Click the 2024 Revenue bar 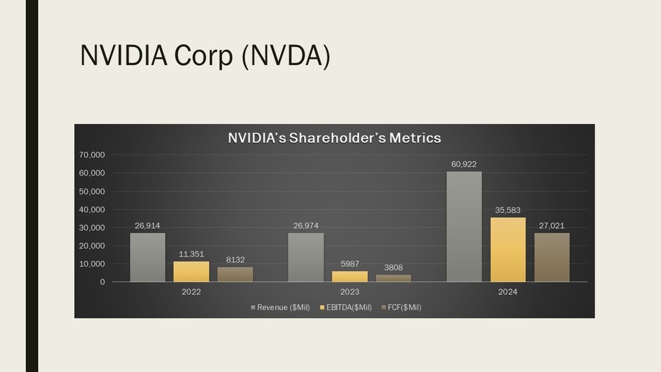pyautogui.click(x=464, y=226)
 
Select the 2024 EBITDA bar pyautogui.click(x=508, y=249)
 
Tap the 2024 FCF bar pyautogui.click(x=552, y=257)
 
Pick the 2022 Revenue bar pyautogui.click(x=147, y=257)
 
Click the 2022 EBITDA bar pyautogui.click(x=191, y=271)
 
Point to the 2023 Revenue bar pyautogui.click(x=305, y=257)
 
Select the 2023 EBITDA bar pyautogui.click(x=349, y=276)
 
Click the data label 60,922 pyautogui.click(x=464, y=164)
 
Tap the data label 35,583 pyautogui.click(x=508, y=210)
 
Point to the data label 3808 pyautogui.click(x=393, y=267)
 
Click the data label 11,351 pyautogui.click(x=191, y=254)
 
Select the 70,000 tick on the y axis pyautogui.click(x=92, y=155)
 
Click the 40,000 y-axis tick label pyautogui.click(x=92, y=210)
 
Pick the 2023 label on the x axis pyautogui.click(x=349, y=292)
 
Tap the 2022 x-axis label pyautogui.click(x=191, y=292)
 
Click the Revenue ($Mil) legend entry pyautogui.click(x=281, y=307)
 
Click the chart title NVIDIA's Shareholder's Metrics pyautogui.click(x=334, y=138)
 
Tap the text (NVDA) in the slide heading pyautogui.click(x=285, y=57)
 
